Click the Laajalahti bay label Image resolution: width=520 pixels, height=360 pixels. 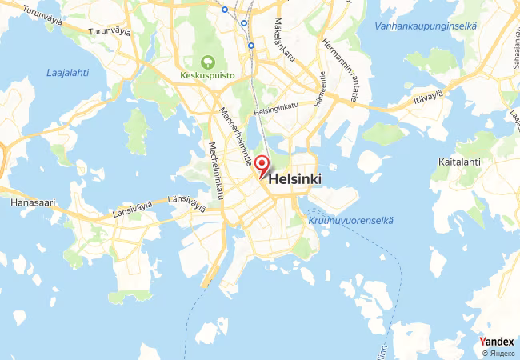click(x=67, y=73)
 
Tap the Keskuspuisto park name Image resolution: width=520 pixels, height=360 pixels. click(x=207, y=78)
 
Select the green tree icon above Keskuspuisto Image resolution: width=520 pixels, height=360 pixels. click(x=208, y=62)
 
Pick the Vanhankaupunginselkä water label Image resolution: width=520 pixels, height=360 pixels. click(x=426, y=26)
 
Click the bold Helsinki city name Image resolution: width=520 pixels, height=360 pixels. click(x=296, y=180)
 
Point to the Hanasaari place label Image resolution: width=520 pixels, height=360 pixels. click(x=33, y=203)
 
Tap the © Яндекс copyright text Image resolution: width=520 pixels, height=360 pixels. click(x=498, y=353)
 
